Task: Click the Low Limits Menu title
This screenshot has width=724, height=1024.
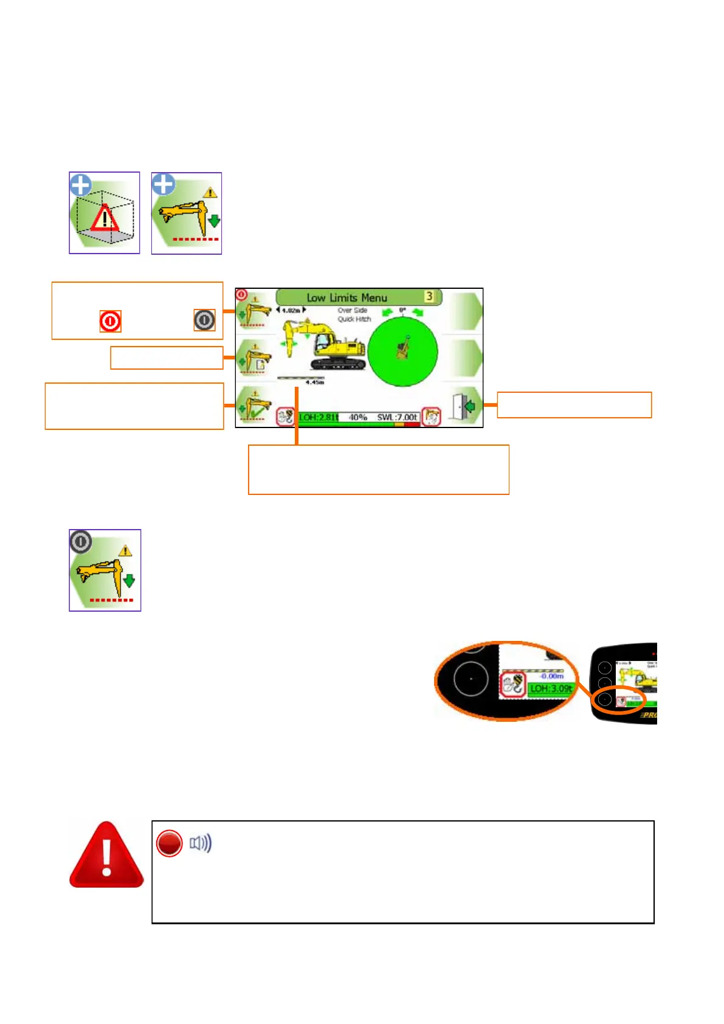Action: pyautogui.click(x=346, y=297)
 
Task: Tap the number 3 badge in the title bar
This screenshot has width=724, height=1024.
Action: pyautogui.click(x=429, y=296)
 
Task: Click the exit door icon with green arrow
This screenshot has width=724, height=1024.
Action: pyautogui.click(x=464, y=405)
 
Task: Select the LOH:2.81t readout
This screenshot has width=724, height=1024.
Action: pyautogui.click(x=318, y=417)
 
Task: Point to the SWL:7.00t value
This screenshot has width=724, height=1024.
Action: pyautogui.click(x=398, y=417)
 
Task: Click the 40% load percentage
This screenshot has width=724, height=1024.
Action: pyautogui.click(x=357, y=417)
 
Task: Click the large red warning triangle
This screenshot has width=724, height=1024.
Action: pyautogui.click(x=106, y=856)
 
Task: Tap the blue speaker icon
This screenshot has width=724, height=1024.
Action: pyautogui.click(x=201, y=843)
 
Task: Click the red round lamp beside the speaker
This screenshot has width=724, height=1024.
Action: pyautogui.click(x=169, y=843)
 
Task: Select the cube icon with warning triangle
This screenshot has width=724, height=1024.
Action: pyautogui.click(x=105, y=213)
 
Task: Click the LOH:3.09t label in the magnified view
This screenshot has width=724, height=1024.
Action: pyautogui.click(x=550, y=689)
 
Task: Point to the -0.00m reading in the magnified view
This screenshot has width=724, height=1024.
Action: pyautogui.click(x=551, y=676)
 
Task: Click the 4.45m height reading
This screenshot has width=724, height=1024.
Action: pyautogui.click(x=314, y=382)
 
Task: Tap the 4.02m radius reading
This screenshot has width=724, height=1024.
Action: pyautogui.click(x=291, y=310)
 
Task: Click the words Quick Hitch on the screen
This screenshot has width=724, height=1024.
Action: pyautogui.click(x=354, y=319)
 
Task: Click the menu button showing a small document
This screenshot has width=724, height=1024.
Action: pyautogui.click(x=255, y=358)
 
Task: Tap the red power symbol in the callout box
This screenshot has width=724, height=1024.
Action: pyautogui.click(x=110, y=320)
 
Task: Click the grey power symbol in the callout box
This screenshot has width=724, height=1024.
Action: pyautogui.click(x=204, y=320)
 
